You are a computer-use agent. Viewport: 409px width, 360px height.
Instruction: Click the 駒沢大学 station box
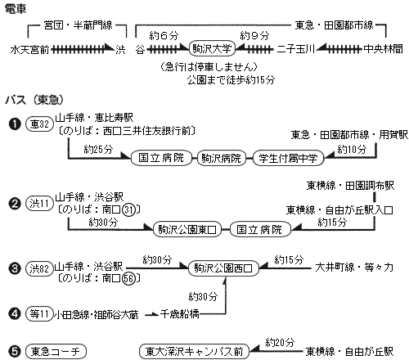212,49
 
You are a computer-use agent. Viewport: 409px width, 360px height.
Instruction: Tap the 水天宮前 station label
29,50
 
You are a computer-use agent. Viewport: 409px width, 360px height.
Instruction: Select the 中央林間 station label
383,49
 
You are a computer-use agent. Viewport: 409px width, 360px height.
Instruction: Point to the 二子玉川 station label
296,49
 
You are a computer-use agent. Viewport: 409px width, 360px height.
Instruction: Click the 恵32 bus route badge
39,124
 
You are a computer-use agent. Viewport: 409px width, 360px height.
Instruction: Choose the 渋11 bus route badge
39,204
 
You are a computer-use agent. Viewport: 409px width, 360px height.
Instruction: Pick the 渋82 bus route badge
39,268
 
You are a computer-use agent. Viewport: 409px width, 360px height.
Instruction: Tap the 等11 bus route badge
39,314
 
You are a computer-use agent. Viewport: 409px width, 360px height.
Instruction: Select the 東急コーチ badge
56,352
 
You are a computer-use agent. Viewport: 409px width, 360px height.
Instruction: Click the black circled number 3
15,268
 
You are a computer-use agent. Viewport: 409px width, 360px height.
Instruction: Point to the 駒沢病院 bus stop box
221,158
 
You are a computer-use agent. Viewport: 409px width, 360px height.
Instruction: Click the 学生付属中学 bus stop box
288,158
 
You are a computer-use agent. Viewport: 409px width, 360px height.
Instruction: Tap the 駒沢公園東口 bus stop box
187,230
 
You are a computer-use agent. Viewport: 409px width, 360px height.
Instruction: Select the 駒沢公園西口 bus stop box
223,268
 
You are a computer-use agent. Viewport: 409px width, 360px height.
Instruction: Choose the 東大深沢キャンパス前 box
194,352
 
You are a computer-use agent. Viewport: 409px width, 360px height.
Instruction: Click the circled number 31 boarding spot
128,209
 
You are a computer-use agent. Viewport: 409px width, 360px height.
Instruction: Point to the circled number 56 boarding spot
128,278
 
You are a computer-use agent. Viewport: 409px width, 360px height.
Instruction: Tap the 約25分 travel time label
98,149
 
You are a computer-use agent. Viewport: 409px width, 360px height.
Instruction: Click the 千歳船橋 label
179,314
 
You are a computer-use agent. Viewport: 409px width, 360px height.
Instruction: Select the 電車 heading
16,9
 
